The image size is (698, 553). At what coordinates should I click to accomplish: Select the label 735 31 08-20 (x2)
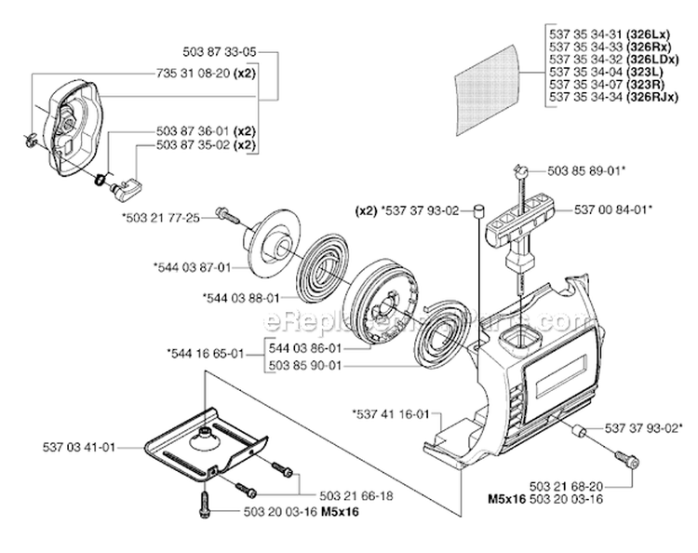206,71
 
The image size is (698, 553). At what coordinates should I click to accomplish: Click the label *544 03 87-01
191,267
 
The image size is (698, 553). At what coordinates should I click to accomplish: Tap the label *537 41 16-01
390,413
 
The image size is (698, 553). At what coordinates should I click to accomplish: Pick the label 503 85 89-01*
585,171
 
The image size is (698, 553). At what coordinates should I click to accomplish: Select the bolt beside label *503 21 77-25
227,215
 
